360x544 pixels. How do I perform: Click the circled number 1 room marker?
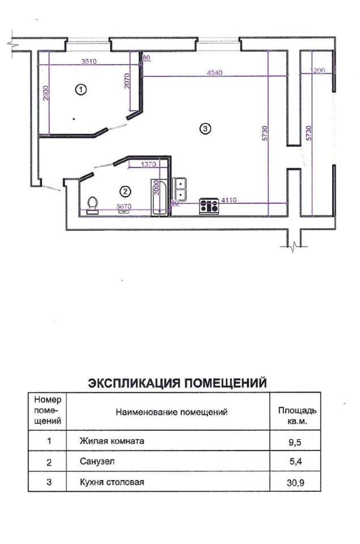pyautogui.click(x=81, y=90)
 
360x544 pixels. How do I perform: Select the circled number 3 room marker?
pyautogui.click(x=206, y=129)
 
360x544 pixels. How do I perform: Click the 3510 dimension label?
pyautogui.click(x=88, y=61)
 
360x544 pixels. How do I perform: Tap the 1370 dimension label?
pyautogui.click(x=147, y=164)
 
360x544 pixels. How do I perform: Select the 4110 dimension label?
pyautogui.click(x=228, y=200)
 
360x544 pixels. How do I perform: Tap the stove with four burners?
pyautogui.click(x=209, y=206)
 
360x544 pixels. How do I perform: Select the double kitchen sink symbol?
pyautogui.click(x=180, y=185)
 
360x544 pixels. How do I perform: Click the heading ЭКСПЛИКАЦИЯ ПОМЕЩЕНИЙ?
pyautogui.click(x=177, y=383)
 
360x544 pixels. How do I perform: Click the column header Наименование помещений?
pyautogui.click(x=172, y=412)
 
